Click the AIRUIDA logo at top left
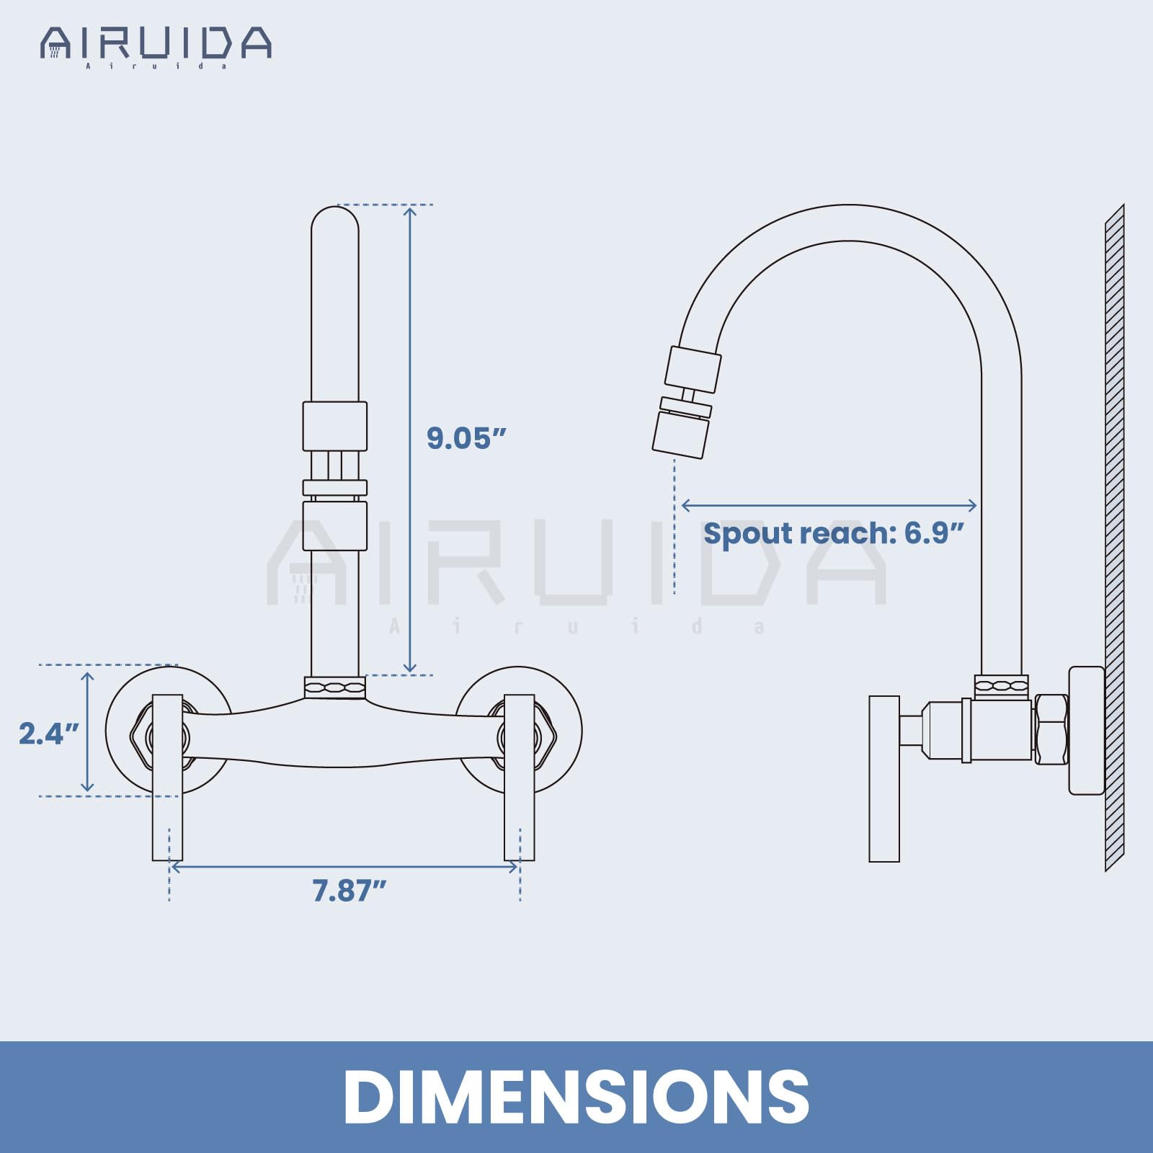coord(156,45)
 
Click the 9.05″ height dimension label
coord(466,438)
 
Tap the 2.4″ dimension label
coord(48,734)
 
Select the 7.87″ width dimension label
coord(350,891)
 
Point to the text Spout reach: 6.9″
coord(833,534)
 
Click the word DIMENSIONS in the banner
coord(576,1096)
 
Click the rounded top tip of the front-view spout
coord(335,220)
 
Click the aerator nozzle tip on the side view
coord(680,435)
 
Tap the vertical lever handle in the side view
coord(884,778)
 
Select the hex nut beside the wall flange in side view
coord(1051,729)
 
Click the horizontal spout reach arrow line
coord(829,505)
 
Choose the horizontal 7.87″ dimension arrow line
coord(344,867)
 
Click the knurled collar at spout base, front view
coord(335,687)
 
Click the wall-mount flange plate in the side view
coord(1087,729)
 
